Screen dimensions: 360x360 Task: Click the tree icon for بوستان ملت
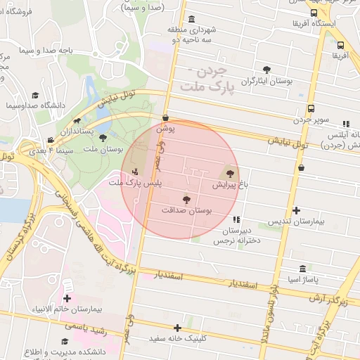(x=104, y=139)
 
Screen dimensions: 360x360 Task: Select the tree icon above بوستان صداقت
(x=186, y=200)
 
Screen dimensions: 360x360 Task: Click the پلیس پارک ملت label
(x=134, y=183)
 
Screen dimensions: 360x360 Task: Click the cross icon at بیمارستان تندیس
(x=296, y=210)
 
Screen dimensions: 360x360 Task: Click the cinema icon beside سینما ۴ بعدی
(x=50, y=141)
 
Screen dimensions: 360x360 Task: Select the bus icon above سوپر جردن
(x=311, y=108)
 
